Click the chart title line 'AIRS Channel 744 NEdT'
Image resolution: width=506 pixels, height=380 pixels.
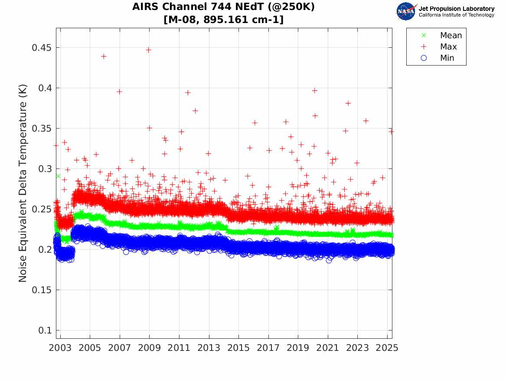pyautogui.click(x=224, y=7)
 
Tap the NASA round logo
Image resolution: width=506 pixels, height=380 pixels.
pyautogui.click(x=406, y=11)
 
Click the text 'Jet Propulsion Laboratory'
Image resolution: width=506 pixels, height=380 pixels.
pyautogui.click(x=456, y=8)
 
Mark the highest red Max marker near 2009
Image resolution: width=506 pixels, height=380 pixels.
pyautogui.click(x=148, y=50)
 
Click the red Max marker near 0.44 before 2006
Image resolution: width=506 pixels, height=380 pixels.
pyautogui.click(x=104, y=56)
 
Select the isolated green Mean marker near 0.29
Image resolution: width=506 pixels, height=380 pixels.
pyautogui.click(x=58, y=176)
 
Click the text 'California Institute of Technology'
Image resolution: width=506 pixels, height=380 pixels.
pyautogui.click(x=456, y=15)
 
